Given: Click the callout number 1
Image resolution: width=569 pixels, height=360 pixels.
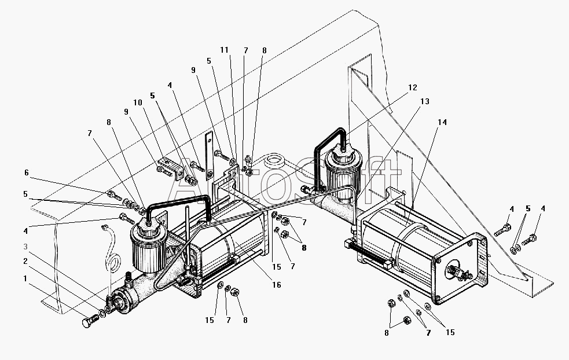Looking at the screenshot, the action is [x=25, y=279].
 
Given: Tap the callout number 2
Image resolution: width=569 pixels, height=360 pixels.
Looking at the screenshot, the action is [x=25, y=261].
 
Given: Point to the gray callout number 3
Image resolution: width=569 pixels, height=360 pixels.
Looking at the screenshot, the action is [x=25, y=247].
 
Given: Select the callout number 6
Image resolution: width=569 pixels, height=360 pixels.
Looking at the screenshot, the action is [x=27, y=172].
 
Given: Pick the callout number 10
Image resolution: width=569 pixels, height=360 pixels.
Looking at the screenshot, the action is [x=138, y=102].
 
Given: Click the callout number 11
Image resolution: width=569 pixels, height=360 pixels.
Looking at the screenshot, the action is [x=224, y=50].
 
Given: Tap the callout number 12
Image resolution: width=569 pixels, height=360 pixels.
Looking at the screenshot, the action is [x=413, y=87].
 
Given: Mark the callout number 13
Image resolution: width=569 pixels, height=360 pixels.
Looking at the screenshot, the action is [x=424, y=101].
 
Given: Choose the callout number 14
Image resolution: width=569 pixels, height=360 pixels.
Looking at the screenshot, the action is [x=442, y=122].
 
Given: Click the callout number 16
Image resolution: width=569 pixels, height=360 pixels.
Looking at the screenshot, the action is [x=277, y=285].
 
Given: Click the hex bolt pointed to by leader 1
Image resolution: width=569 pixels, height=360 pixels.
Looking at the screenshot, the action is [x=90, y=321].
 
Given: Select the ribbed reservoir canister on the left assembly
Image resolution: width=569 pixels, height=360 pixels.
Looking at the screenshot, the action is [x=148, y=247].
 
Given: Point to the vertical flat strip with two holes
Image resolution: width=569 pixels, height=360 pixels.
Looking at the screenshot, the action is [x=209, y=156].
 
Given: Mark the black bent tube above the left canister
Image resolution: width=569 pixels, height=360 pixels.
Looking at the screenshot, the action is [x=178, y=200].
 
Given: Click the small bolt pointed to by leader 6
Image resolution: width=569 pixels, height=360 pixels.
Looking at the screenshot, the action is [x=114, y=195].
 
